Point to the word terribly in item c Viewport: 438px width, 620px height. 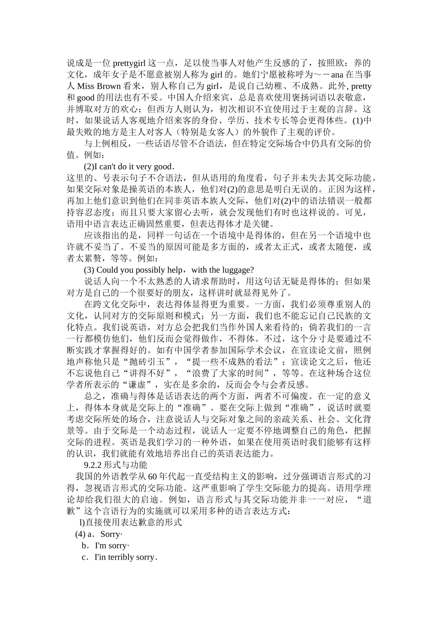pyautogui.click(x=122, y=557)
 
